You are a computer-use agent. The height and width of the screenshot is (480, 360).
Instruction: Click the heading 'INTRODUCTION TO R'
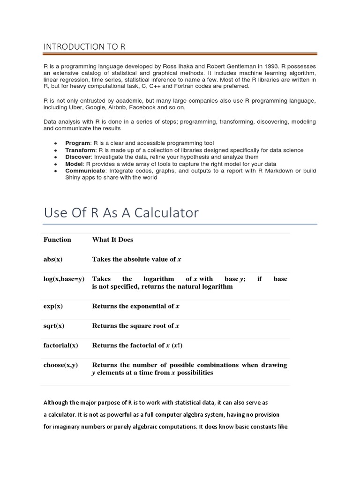coord(84,46)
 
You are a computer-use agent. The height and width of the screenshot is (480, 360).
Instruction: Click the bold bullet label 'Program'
coord(78,143)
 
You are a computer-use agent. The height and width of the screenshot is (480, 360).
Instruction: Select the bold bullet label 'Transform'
coord(80,150)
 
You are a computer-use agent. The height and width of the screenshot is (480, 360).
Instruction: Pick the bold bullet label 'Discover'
coord(78,157)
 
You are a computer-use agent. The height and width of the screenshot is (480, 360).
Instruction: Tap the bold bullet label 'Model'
coord(74,164)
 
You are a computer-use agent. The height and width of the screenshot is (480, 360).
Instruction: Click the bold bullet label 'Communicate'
coord(85,171)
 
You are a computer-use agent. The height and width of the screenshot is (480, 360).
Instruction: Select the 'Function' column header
coord(57,240)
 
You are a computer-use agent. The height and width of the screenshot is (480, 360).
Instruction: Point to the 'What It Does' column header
coord(112,240)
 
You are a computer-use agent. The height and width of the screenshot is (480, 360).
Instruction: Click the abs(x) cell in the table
coord(53,259)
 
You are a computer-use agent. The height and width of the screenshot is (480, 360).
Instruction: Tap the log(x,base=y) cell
coord(64,279)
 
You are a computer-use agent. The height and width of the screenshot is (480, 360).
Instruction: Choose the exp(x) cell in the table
coord(53,306)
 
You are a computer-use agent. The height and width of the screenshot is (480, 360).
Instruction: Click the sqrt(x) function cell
coord(54,326)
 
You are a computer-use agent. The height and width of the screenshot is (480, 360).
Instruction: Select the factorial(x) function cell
coord(61,345)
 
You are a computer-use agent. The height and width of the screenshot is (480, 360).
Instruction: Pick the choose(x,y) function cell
coord(61,365)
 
